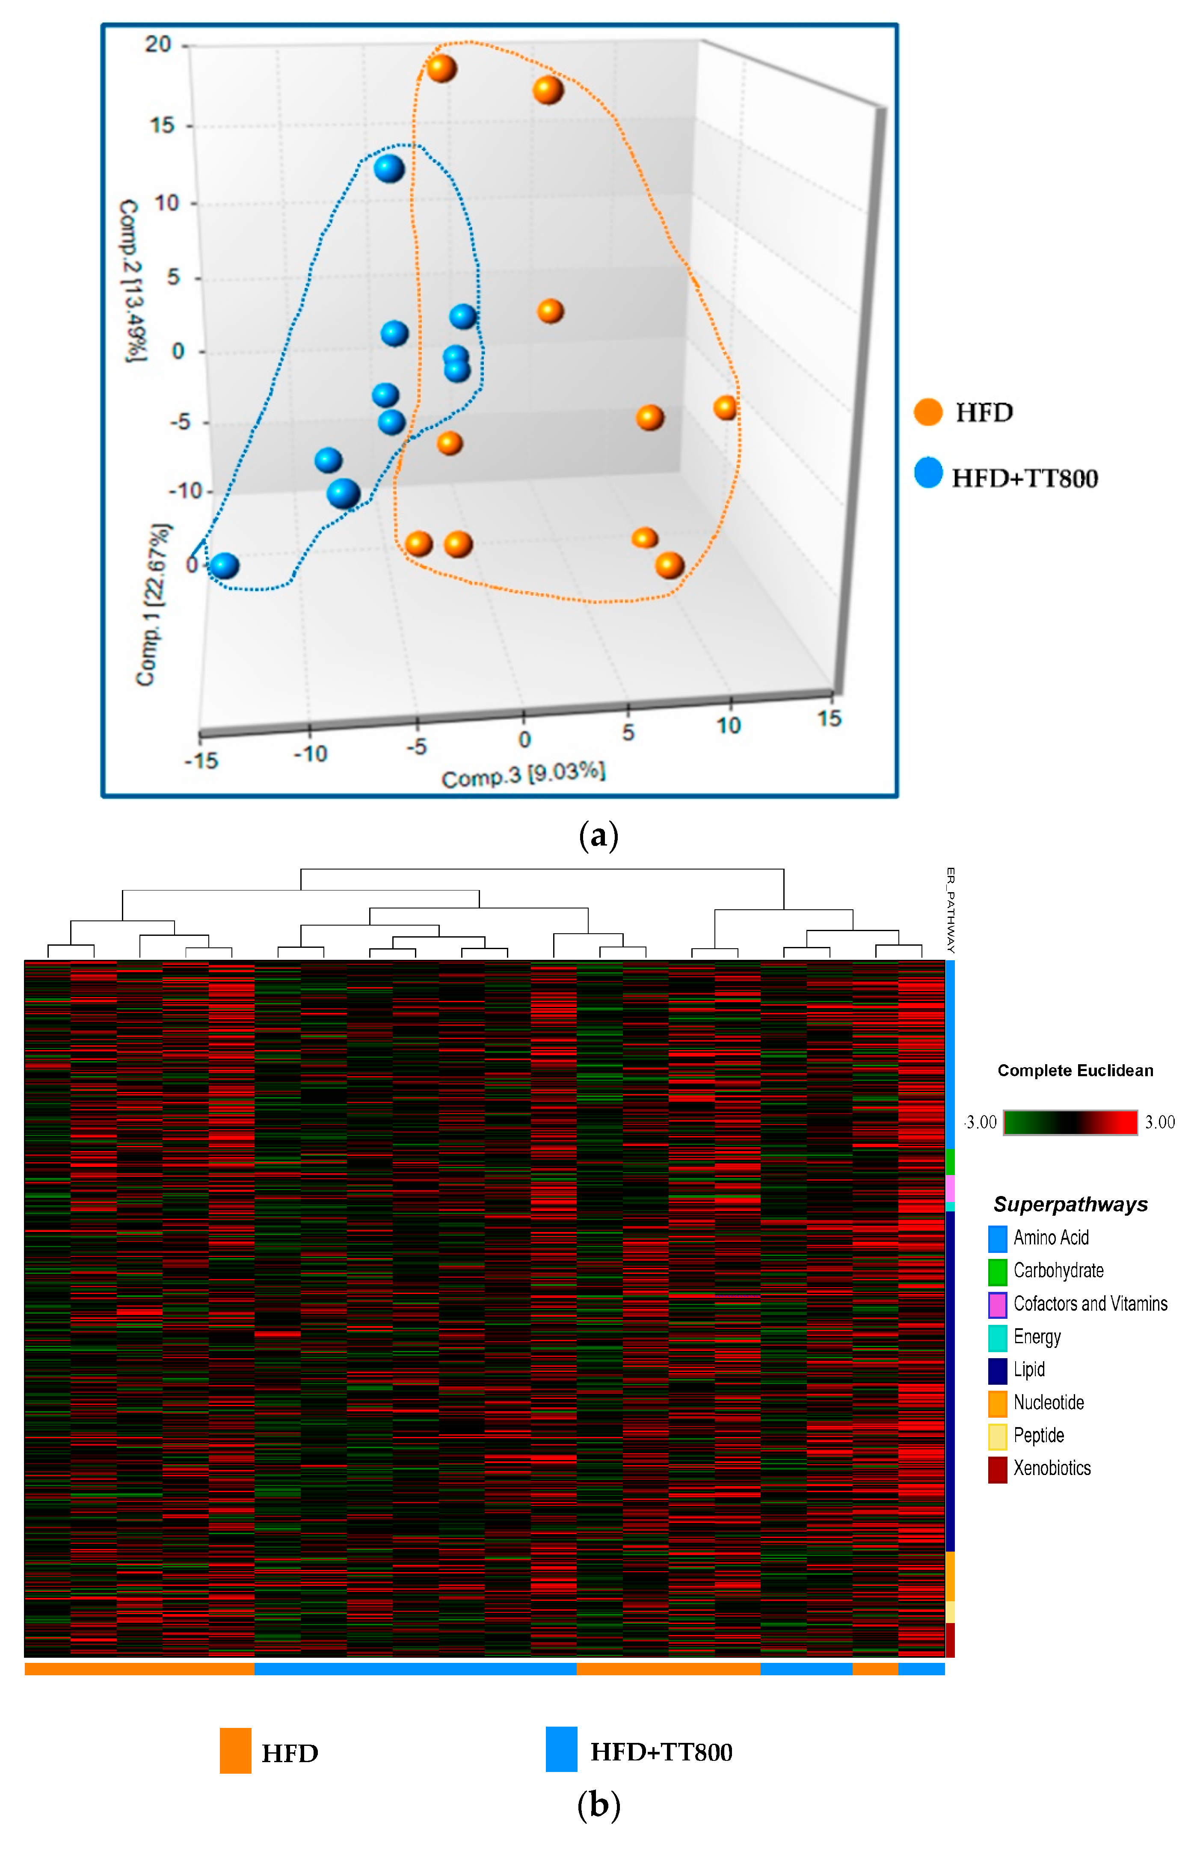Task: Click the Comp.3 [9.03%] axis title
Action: point(523,775)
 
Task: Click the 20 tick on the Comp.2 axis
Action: point(158,45)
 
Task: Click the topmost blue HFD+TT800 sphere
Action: point(388,168)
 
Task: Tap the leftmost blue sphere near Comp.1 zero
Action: point(224,565)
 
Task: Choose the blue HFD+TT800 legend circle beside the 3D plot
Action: point(928,473)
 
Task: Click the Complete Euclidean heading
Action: point(1075,1071)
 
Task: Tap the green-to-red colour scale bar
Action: point(1070,1122)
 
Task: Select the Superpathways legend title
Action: point(1070,1204)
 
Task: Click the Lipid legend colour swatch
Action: point(997,1370)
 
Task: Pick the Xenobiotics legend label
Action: point(1052,1468)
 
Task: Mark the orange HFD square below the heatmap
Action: point(236,1751)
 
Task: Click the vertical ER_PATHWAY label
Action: point(950,910)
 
